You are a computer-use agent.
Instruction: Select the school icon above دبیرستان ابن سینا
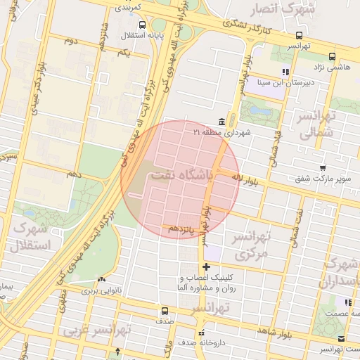coord(285,72)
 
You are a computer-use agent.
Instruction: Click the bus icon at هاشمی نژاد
coord(332,56)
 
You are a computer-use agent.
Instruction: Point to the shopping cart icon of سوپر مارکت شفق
coord(322,168)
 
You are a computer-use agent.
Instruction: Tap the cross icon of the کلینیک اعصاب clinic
coord(205,266)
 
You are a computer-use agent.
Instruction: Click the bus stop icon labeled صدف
coord(165,310)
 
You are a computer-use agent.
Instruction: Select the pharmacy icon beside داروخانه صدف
coord(201,333)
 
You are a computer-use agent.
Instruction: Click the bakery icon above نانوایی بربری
coord(103,278)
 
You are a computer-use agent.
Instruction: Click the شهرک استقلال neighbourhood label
coord(30,237)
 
